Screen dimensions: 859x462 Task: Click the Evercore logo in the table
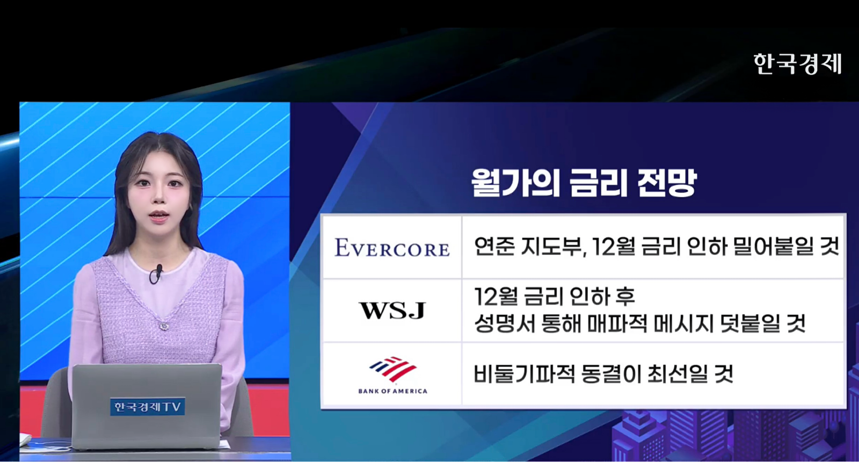coord(392,248)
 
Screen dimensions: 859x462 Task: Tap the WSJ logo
coord(392,310)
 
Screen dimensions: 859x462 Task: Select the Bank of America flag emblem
coord(392,369)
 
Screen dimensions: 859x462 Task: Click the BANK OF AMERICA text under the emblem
coord(392,391)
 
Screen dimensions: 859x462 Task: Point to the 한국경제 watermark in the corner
coord(797,63)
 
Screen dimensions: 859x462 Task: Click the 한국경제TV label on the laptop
coord(148,406)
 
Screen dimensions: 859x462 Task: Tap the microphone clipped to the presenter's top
coord(157,273)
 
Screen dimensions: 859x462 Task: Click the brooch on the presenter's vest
coord(164,327)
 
